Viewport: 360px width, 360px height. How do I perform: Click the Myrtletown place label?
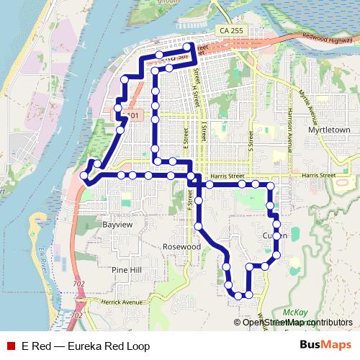(x=328, y=130)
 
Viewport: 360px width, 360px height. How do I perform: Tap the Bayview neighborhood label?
(x=118, y=225)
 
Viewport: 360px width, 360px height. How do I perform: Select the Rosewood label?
(x=181, y=246)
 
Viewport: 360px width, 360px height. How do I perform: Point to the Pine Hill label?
(x=127, y=269)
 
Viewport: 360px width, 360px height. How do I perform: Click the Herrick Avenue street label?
(x=122, y=302)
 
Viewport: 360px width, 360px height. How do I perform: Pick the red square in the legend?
(x=10, y=346)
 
